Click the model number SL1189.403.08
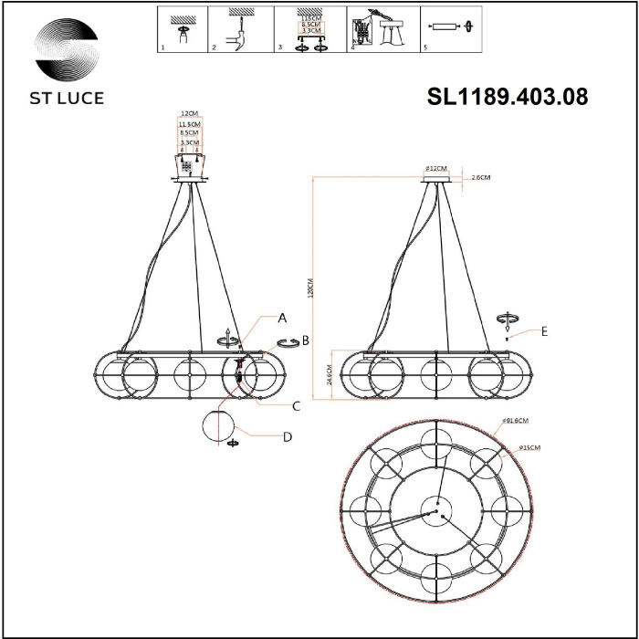tap(508, 96)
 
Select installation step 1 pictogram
tap(181, 28)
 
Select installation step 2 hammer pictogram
tap(240, 29)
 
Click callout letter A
tap(282, 319)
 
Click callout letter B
tap(306, 340)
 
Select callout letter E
tap(544, 332)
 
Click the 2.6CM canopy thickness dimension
tap(482, 179)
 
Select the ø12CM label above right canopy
tap(438, 169)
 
